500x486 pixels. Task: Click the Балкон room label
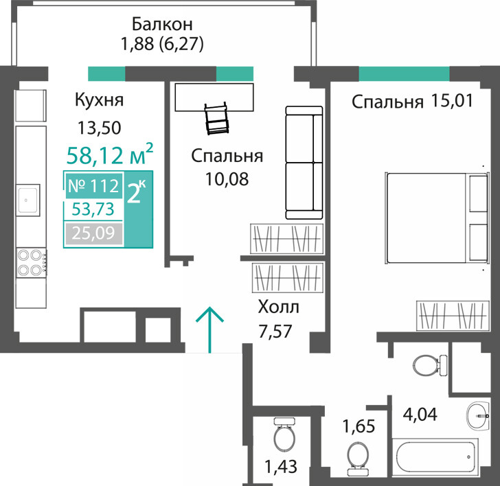tap(162, 24)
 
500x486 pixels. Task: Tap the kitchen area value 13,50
tap(100, 128)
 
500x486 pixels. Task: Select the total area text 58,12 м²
tap(110, 154)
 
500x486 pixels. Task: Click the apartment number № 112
tap(93, 186)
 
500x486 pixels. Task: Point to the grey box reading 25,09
tap(93, 233)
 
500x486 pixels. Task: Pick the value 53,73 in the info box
tap(93, 209)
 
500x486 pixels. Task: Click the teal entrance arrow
tap(210, 329)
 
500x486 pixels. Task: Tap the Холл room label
tap(278, 308)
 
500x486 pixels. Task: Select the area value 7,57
tap(275, 332)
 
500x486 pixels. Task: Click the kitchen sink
tap(28, 200)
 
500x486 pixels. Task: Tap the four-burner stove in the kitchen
tap(32, 263)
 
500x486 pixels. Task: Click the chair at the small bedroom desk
tap(217, 119)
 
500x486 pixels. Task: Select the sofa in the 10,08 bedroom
tap(304, 163)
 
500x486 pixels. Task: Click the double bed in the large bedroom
tap(437, 218)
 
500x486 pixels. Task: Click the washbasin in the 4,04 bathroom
tap(478, 416)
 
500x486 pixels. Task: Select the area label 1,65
tap(359, 426)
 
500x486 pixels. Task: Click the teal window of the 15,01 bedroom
tap(405, 73)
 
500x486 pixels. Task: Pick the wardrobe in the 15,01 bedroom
tap(453, 315)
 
